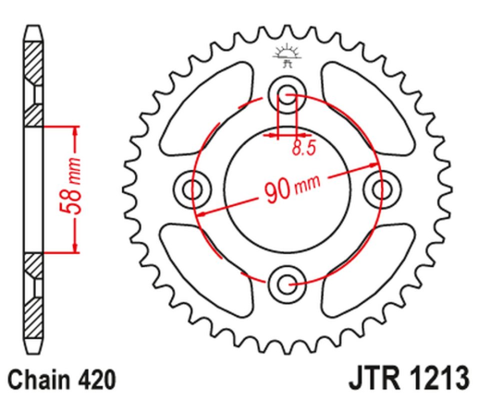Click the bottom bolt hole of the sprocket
click(286, 283)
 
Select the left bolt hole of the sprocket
click(193, 189)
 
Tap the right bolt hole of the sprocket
click(379, 189)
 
